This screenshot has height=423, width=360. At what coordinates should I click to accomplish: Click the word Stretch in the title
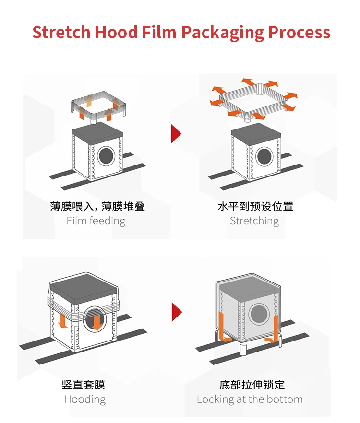click(x=61, y=33)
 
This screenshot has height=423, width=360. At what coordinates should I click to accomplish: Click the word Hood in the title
click(x=116, y=33)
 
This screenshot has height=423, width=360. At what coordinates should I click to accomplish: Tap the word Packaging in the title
click(x=222, y=33)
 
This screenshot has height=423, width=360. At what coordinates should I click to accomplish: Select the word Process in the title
click(x=299, y=33)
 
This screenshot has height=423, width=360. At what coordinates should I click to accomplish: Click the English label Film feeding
click(x=96, y=221)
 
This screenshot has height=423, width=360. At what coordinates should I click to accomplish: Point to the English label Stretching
click(x=254, y=221)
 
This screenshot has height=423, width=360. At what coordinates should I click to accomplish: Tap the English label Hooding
click(x=85, y=399)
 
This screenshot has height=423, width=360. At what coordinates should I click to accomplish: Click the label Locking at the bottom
click(x=250, y=399)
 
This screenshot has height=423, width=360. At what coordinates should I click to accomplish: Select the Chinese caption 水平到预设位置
click(x=255, y=207)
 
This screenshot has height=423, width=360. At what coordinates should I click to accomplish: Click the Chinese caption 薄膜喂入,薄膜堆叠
click(x=97, y=207)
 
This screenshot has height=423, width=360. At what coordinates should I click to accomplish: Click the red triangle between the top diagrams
click(x=176, y=134)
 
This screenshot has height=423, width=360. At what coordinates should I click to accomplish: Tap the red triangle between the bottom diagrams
click(x=177, y=312)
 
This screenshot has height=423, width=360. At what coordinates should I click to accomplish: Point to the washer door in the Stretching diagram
click(x=264, y=156)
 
